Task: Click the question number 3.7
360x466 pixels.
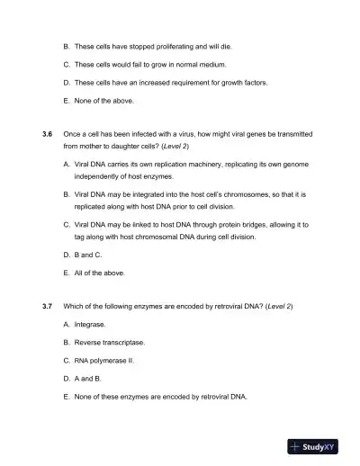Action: tap(48, 306)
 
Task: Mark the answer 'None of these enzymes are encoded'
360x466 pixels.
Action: tap(160, 396)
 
